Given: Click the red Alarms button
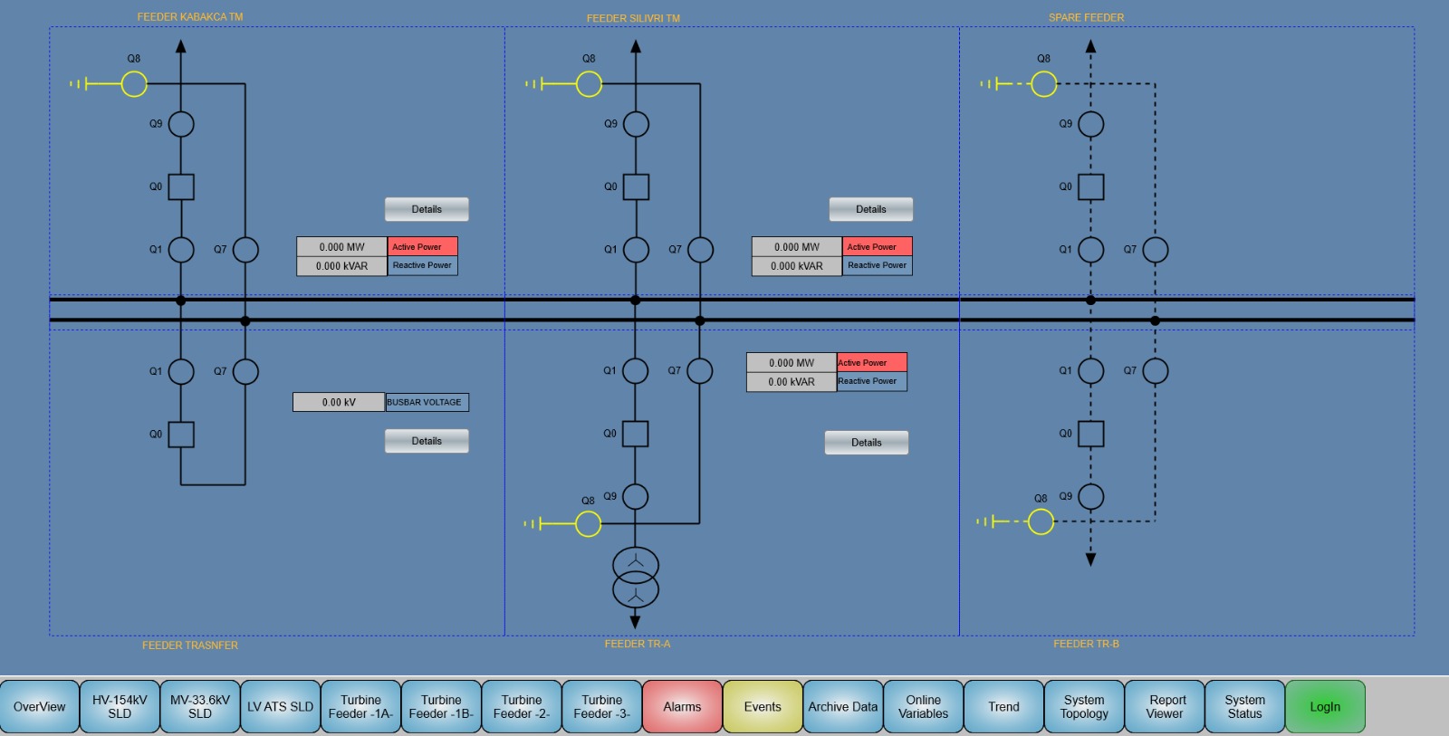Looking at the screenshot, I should pyautogui.click(x=682, y=707).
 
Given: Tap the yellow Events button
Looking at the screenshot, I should pyautogui.click(x=763, y=707).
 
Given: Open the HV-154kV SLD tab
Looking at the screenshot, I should pyautogui.click(x=120, y=707).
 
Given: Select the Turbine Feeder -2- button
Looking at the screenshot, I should pyautogui.click(x=522, y=707).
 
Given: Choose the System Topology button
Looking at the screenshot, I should pyautogui.click(x=1084, y=707).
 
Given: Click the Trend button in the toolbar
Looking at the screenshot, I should pyautogui.click(x=1003, y=707).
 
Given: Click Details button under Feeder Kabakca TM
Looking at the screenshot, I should pyautogui.click(x=427, y=209).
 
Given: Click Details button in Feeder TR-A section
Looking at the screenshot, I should pyautogui.click(x=866, y=443).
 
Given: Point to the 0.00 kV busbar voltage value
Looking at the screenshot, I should pyautogui.click(x=339, y=402).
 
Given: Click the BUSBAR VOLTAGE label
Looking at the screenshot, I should pyautogui.click(x=427, y=402).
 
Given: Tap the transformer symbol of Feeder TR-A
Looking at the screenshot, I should pyautogui.click(x=636, y=578).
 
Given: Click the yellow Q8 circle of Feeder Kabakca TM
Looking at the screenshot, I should pyautogui.click(x=134, y=84).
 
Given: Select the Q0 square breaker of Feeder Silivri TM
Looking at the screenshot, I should pyautogui.click(x=636, y=187).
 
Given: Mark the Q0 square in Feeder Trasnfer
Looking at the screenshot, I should pyautogui.click(x=181, y=435).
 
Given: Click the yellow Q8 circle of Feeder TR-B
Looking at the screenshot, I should pyautogui.click(x=1041, y=521).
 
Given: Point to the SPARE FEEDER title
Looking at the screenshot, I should pyautogui.click(x=1086, y=17).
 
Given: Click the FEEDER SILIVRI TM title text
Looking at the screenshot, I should pyautogui.click(x=633, y=18).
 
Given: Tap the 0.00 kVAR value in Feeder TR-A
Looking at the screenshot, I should pyautogui.click(x=792, y=382).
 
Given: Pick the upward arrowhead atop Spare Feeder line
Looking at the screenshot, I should pyautogui.click(x=1090, y=46).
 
